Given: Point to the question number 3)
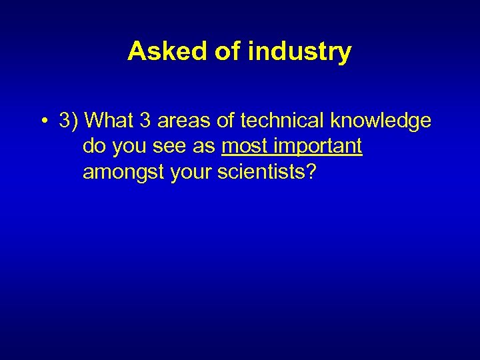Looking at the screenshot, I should click(69, 121).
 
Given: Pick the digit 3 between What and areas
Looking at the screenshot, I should click(146, 121).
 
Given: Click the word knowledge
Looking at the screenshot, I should click(378, 121).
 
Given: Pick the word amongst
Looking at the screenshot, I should click(124, 173).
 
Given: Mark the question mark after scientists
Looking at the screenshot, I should click(311, 173).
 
